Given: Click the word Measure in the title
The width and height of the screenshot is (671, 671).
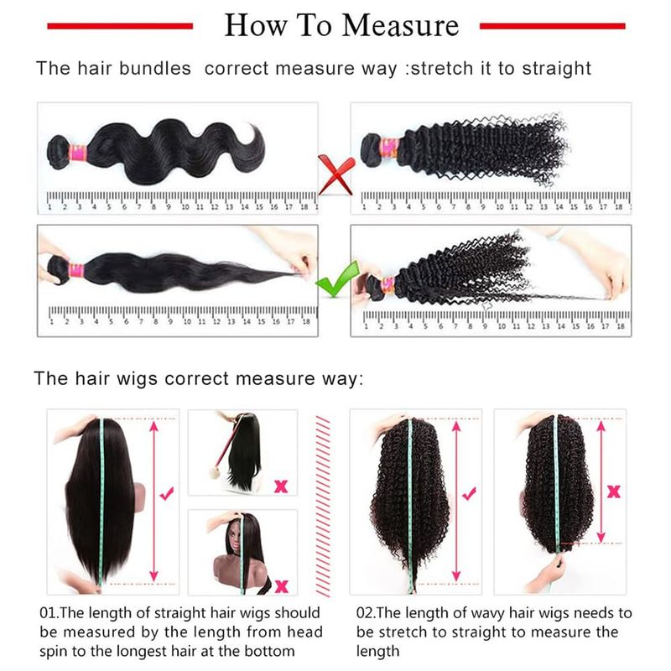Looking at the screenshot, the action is pos(400,25).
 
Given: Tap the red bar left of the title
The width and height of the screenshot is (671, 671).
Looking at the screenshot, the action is pos(120,26).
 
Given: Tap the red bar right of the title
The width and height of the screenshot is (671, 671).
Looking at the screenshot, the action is pos(553,26).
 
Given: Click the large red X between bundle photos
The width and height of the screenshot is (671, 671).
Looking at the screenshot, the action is pos(336,175).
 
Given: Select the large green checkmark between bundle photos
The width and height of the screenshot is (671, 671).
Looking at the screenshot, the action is pos(336,279).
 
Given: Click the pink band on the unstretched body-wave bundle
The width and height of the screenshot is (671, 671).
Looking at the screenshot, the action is pos(79,153).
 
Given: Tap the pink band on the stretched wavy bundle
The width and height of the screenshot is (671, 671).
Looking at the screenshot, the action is pos(76,271).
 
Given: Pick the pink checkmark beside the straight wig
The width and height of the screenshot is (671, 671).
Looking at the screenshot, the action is pos(166,493).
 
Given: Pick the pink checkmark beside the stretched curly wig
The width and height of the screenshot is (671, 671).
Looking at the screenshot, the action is pos(469,493).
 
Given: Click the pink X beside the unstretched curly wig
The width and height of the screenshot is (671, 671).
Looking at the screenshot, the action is pos(614,492).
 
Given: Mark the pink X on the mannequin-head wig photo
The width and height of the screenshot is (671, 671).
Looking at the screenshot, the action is pos(282,585).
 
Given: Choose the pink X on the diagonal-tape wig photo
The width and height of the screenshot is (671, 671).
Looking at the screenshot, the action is pos(281,486).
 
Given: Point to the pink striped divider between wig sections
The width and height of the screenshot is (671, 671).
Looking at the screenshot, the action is pos(323,506).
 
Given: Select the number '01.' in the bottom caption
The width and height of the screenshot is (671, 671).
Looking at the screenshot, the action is pos(49,613).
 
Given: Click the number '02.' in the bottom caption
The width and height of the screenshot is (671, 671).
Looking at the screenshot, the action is pos(367,613).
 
